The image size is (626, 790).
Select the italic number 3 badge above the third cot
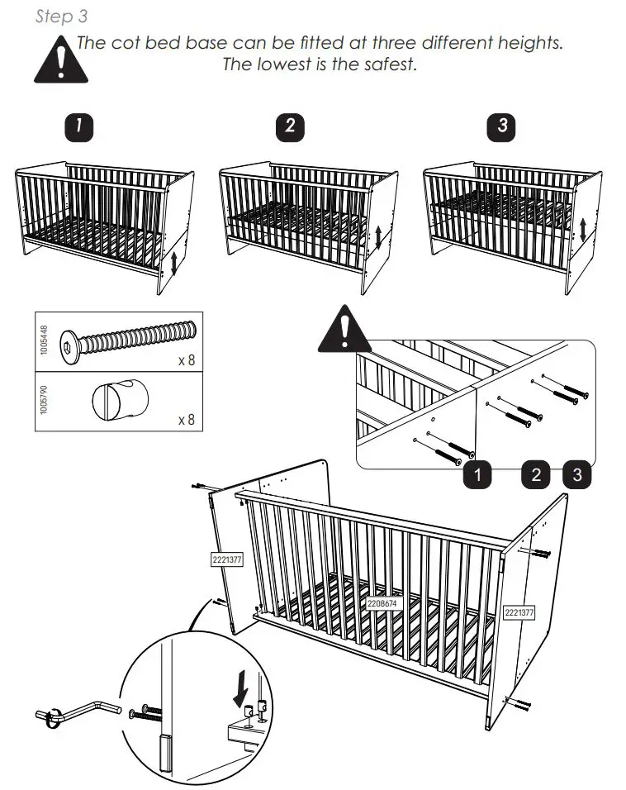503,126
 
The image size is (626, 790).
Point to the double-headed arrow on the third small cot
583,229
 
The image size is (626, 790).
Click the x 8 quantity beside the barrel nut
187,420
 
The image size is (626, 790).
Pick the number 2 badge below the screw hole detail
536,474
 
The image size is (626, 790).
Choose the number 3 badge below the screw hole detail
577,474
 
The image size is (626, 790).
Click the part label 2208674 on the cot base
382,603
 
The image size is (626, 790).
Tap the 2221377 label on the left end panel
227,559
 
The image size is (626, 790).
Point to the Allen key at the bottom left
78,710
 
